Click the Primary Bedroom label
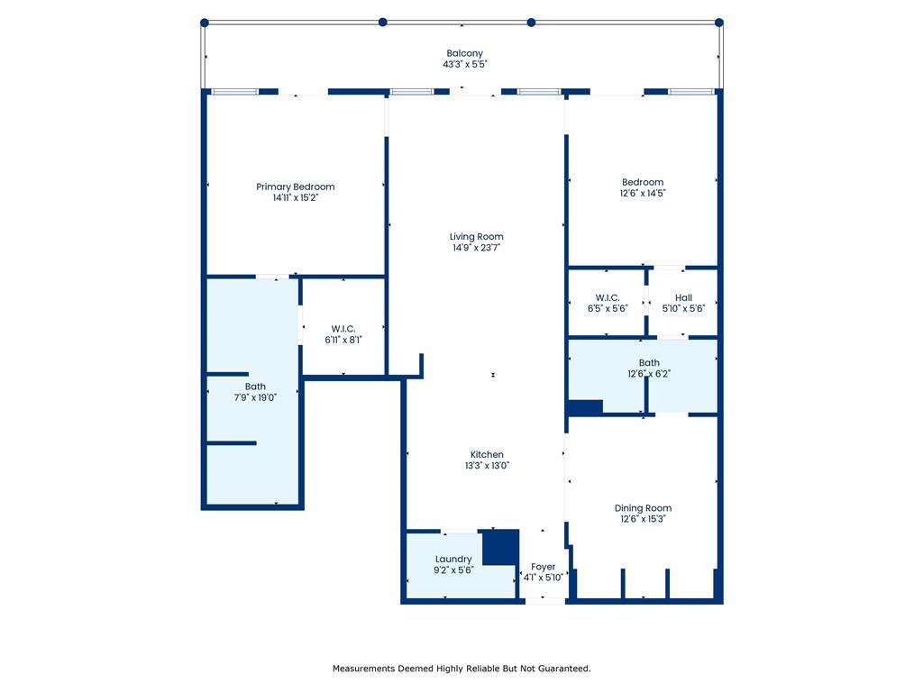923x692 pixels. click(x=296, y=187)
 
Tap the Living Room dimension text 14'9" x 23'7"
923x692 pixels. click(x=476, y=248)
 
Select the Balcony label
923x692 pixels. click(x=464, y=53)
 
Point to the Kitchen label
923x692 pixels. click(x=487, y=454)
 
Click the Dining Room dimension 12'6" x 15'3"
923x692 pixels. click(x=643, y=519)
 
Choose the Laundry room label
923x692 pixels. click(x=453, y=559)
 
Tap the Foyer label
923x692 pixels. click(x=543, y=567)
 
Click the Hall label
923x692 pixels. click(x=683, y=297)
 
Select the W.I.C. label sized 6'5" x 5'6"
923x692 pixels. click(x=608, y=297)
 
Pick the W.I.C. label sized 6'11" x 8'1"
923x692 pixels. click(x=343, y=329)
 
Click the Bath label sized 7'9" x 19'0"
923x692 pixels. click(x=255, y=387)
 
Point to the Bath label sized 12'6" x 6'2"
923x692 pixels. click(x=649, y=363)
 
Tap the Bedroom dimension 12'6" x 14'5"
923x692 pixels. click(x=643, y=193)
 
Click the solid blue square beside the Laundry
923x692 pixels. click(x=501, y=547)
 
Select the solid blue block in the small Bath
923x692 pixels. click(x=585, y=407)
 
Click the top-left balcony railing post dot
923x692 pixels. click(x=205, y=23)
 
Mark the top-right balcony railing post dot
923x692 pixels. click(x=718, y=23)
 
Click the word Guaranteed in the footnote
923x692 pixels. click(x=565, y=669)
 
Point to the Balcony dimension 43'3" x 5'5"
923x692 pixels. click(x=465, y=64)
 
